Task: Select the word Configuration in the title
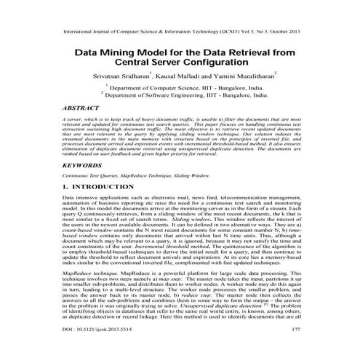[233, 65]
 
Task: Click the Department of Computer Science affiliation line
[184, 87]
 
